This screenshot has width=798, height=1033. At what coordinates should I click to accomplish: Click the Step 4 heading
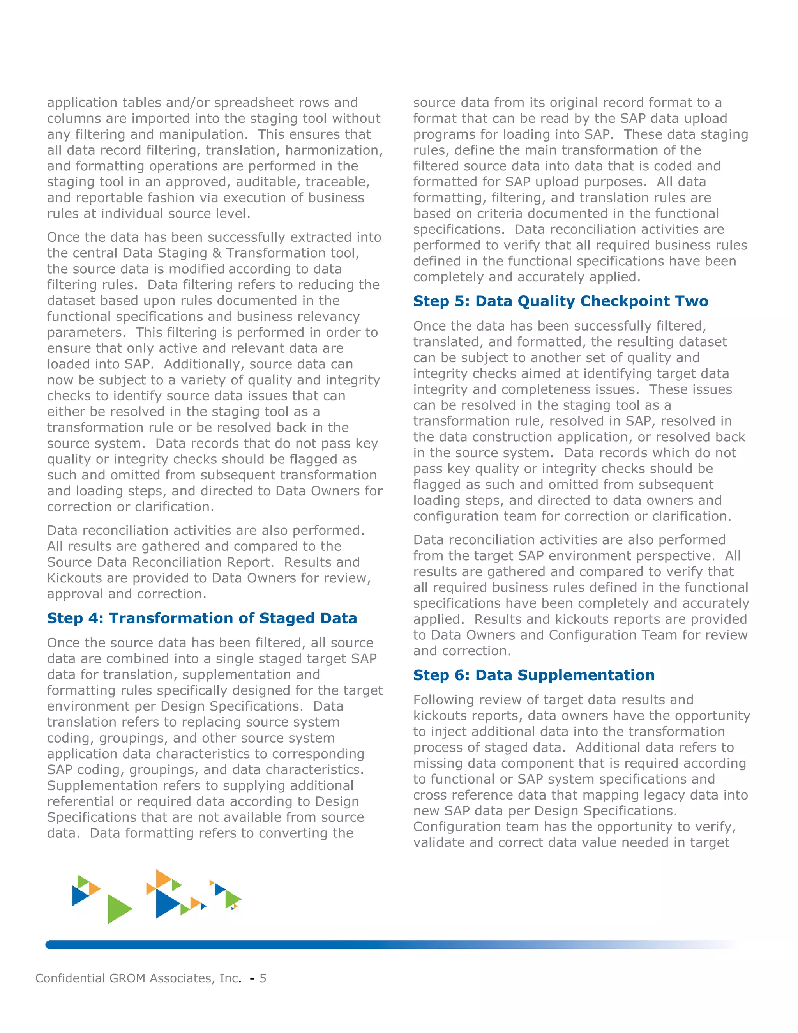(x=202, y=618)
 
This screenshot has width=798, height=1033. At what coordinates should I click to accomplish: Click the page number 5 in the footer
(x=263, y=978)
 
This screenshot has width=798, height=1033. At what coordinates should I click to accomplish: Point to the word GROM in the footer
(x=127, y=978)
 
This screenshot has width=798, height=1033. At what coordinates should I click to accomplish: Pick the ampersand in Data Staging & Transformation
(x=217, y=253)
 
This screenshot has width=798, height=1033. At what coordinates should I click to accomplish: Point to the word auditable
(x=268, y=182)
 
